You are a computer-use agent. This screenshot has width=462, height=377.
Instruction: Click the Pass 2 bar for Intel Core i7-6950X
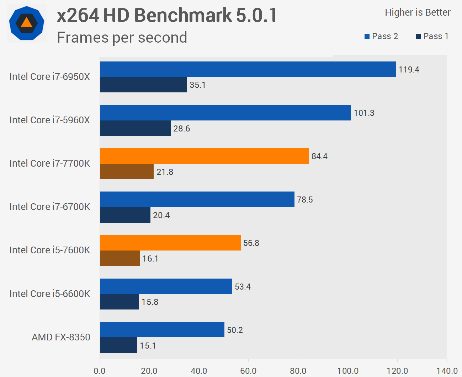pos(248,69)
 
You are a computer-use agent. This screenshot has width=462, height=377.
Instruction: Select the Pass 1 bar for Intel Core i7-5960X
pos(135,128)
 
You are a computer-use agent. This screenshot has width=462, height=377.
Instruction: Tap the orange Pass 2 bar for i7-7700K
pos(204,156)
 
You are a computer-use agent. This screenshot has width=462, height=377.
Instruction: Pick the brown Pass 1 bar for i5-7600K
pos(120,258)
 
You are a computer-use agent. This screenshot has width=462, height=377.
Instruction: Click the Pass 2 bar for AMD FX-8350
pos(162,330)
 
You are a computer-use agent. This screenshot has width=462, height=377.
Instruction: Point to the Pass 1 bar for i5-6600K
pos(119,302)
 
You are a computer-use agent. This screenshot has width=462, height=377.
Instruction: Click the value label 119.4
pos(409,70)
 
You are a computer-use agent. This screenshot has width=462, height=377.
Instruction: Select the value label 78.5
pos(305,200)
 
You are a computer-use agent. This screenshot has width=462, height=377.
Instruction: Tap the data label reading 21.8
pos(165,172)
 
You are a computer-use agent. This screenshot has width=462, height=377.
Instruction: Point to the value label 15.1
pos(148,346)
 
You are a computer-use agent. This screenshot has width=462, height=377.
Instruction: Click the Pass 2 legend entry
pos(381,36)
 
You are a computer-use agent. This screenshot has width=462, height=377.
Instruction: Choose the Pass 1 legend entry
pos(432,36)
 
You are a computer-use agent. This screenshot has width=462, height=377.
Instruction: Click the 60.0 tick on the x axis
pos(248,371)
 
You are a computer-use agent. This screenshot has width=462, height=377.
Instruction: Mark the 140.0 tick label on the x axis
pos(447,371)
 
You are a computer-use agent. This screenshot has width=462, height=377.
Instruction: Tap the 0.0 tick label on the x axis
pos(100,371)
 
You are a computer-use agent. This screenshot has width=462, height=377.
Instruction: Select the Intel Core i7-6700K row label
pos(50,207)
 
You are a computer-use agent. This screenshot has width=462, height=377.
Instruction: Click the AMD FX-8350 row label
pos(61,337)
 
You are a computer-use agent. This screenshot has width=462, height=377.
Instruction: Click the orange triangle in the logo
pos(27,23)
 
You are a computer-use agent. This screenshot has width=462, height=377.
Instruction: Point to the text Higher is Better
pos(418,12)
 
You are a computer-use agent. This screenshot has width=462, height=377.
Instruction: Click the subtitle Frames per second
pos(122,37)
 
